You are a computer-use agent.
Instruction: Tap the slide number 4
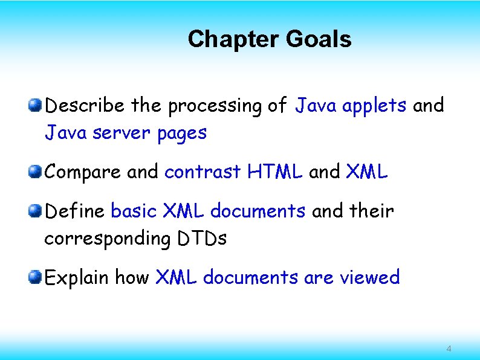coord(448,349)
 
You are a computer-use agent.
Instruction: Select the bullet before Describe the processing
coord(36,106)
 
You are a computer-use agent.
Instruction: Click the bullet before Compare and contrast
coord(36,172)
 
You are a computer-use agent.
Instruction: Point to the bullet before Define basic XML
coord(36,211)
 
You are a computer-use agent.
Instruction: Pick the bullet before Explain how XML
coord(36,278)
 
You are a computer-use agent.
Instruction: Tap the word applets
coord(374,106)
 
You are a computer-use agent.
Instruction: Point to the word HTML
coord(275,173)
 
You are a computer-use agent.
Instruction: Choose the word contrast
coord(203,173)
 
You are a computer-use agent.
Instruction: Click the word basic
coord(134,211)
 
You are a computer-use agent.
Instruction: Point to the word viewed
coord(370,278)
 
